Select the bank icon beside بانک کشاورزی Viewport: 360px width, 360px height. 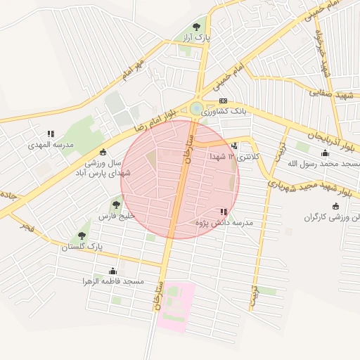pyautogui.click(x=223, y=101)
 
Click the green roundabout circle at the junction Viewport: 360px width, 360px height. pyautogui.click(x=195, y=108)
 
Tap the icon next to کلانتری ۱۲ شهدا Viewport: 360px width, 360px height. pyautogui.click(x=234, y=146)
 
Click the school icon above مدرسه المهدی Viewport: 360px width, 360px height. pyautogui.click(x=51, y=134)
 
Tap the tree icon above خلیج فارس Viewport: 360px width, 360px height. pyautogui.click(x=116, y=205)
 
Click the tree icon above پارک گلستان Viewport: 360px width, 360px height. pyautogui.click(x=82, y=236)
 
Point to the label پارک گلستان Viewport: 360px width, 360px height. pyautogui.click(x=82, y=247)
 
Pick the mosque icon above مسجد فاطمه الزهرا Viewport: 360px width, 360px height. pyautogui.click(x=112, y=271)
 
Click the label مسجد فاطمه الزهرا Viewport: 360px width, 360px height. pyautogui.click(x=112, y=282)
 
